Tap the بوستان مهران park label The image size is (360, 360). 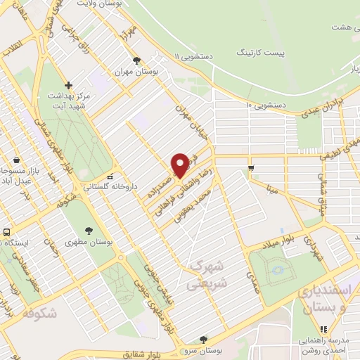click(138, 72)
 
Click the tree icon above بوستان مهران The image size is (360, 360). click(136, 61)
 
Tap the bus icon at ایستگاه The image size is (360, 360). click(6, 232)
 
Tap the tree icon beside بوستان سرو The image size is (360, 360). click(203, 339)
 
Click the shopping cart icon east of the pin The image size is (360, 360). click(251, 167)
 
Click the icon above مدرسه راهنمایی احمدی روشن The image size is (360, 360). click(323, 328)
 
